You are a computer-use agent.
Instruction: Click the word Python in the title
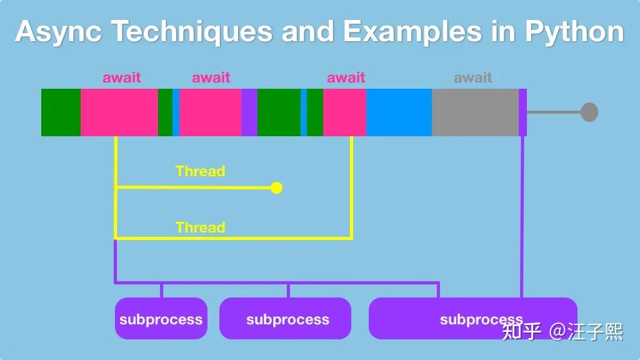(x=573, y=31)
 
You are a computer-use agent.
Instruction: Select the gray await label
(x=472, y=77)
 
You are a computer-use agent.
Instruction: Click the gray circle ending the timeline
(x=589, y=112)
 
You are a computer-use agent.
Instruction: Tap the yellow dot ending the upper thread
(x=276, y=187)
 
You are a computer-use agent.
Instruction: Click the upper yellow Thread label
(x=200, y=171)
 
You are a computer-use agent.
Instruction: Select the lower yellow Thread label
(x=200, y=227)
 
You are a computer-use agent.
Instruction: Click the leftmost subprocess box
(x=161, y=319)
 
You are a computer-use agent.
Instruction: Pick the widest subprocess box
(x=472, y=319)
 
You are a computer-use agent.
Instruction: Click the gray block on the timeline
(x=475, y=112)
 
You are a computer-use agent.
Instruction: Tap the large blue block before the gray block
(x=399, y=112)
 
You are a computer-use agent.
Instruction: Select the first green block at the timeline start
(x=61, y=112)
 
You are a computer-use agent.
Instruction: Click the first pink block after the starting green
(x=119, y=112)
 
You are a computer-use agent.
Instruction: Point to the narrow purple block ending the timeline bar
(x=522, y=112)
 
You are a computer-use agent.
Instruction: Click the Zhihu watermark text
(x=562, y=331)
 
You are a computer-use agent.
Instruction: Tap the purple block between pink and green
(x=249, y=112)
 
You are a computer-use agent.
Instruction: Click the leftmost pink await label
(x=122, y=77)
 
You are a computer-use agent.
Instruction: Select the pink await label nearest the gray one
(x=346, y=77)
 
